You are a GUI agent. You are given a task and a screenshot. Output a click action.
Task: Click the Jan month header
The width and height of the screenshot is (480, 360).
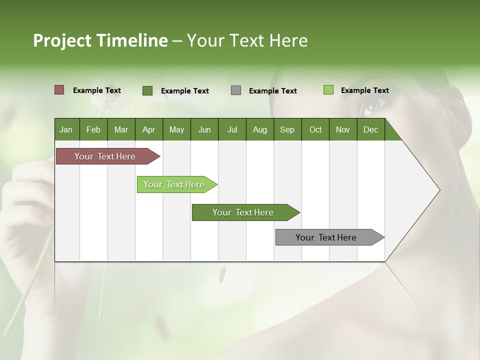66,130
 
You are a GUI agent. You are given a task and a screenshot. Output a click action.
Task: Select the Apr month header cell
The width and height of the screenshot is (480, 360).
148,130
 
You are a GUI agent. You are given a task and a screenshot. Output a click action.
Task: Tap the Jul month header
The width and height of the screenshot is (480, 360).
232,130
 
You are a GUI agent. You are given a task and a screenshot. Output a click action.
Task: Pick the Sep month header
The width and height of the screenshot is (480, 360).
287,130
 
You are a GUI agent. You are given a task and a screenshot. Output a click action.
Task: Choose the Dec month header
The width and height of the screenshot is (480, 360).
370,130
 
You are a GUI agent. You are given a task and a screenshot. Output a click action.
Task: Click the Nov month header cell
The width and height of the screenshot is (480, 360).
342,130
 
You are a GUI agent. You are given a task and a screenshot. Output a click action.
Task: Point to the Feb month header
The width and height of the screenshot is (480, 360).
93,130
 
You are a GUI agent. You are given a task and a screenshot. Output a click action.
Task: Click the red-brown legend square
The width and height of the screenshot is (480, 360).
59,90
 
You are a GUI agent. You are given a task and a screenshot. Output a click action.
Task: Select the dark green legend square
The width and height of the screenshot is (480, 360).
147,90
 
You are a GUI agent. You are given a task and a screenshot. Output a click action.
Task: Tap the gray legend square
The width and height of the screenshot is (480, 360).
236,90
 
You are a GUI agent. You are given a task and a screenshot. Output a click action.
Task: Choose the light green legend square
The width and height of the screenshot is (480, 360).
328,90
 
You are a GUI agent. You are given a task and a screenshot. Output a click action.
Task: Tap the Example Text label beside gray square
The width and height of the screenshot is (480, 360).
272,91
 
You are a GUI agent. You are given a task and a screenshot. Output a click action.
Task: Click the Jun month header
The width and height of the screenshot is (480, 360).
204,130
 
